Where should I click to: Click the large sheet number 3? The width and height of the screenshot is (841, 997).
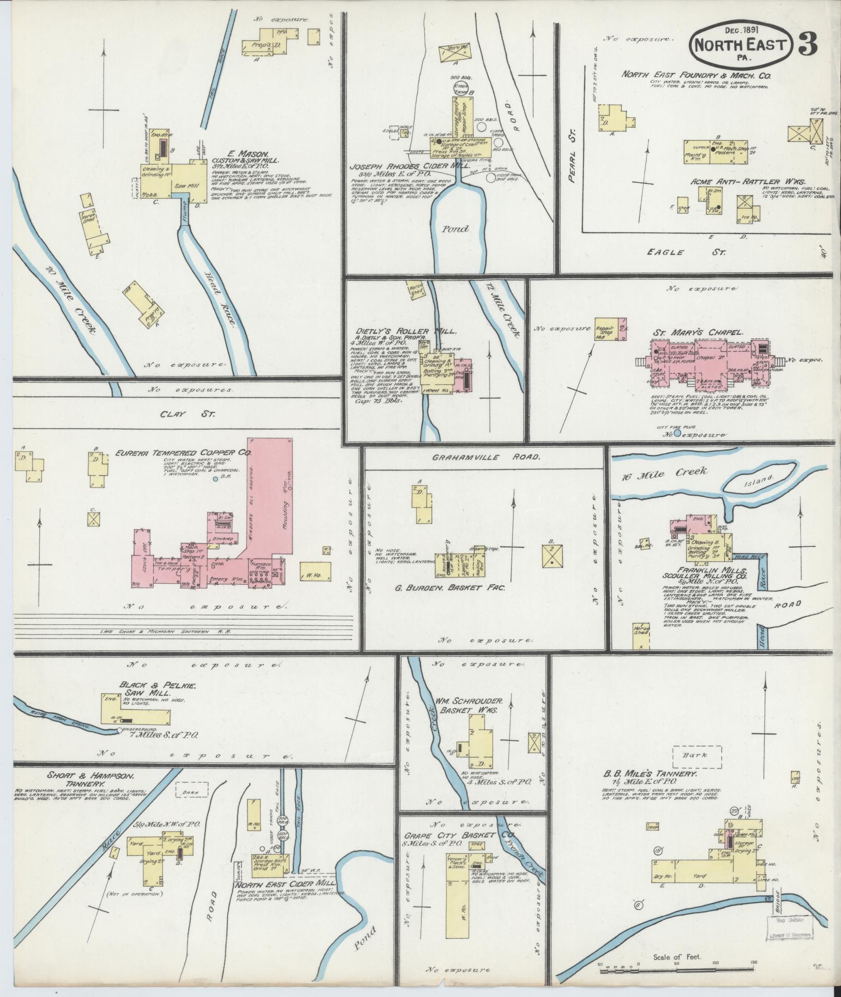pyautogui.click(x=807, y=46)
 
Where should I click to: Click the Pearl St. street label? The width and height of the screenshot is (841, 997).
pyautogui.click(x=572, y=171)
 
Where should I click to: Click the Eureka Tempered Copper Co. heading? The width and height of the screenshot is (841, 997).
pyautogui.click(x=184, y=453)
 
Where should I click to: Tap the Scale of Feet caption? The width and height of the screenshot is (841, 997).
pyautogui.click(x=677, y=957)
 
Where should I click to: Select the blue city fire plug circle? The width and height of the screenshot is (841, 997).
pyautogui.click(x=677, y=433)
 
